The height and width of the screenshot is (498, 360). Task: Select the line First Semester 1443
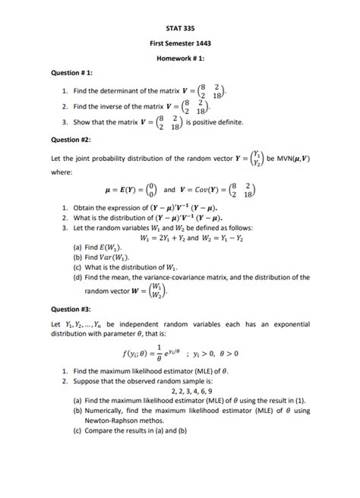click(180, 43)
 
